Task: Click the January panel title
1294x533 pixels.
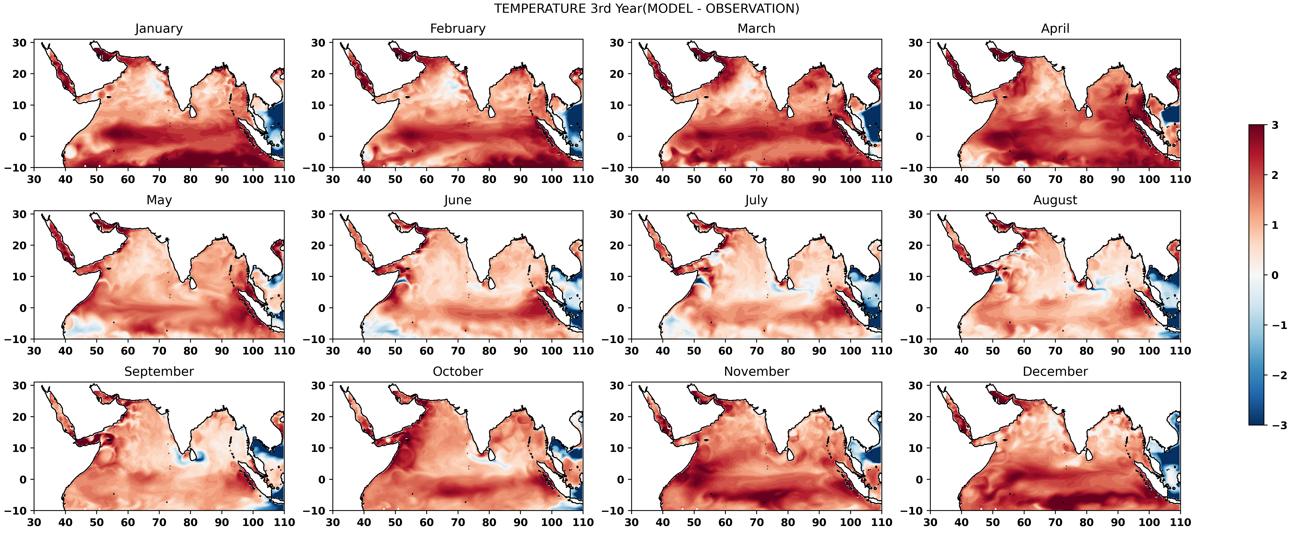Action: coord(159,29)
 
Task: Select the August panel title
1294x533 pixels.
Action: coord(1055,200)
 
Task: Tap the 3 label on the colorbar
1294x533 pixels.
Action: coord(1275,125)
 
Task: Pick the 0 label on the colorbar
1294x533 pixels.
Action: coord(1275,275)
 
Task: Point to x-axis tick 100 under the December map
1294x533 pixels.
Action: coord(1149,522)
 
